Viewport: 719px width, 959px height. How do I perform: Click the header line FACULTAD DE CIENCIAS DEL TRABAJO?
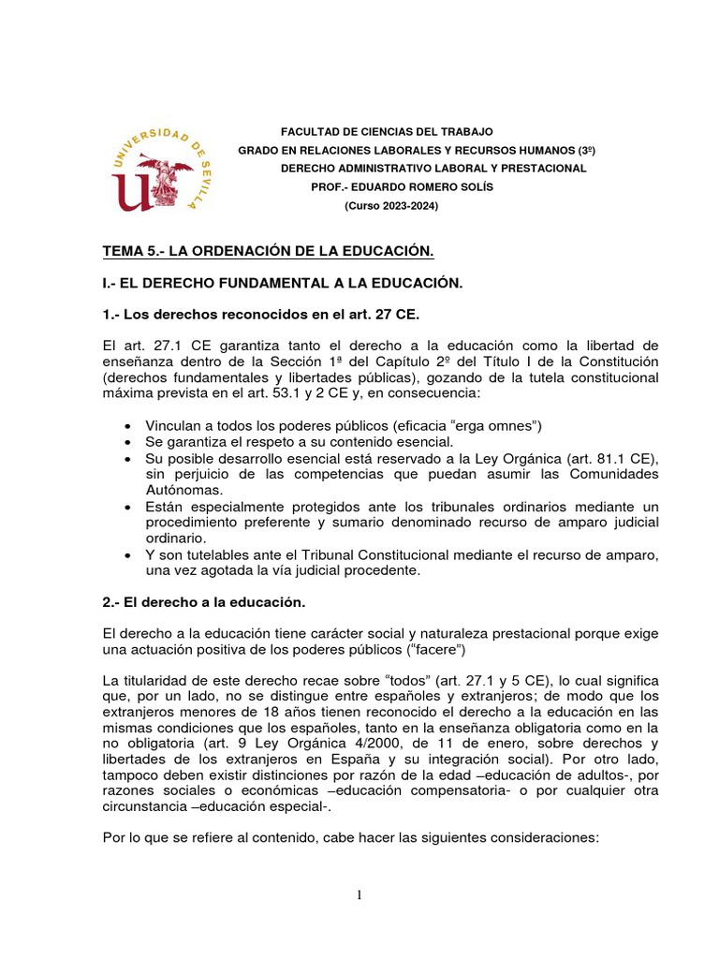(387, 132)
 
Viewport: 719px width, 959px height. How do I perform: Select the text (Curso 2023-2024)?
(391, 205)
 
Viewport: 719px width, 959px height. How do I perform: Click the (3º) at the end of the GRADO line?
(587, 150)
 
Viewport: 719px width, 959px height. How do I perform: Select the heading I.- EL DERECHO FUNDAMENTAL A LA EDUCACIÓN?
(283, 282)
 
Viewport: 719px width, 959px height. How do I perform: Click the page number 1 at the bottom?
(359, 895)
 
